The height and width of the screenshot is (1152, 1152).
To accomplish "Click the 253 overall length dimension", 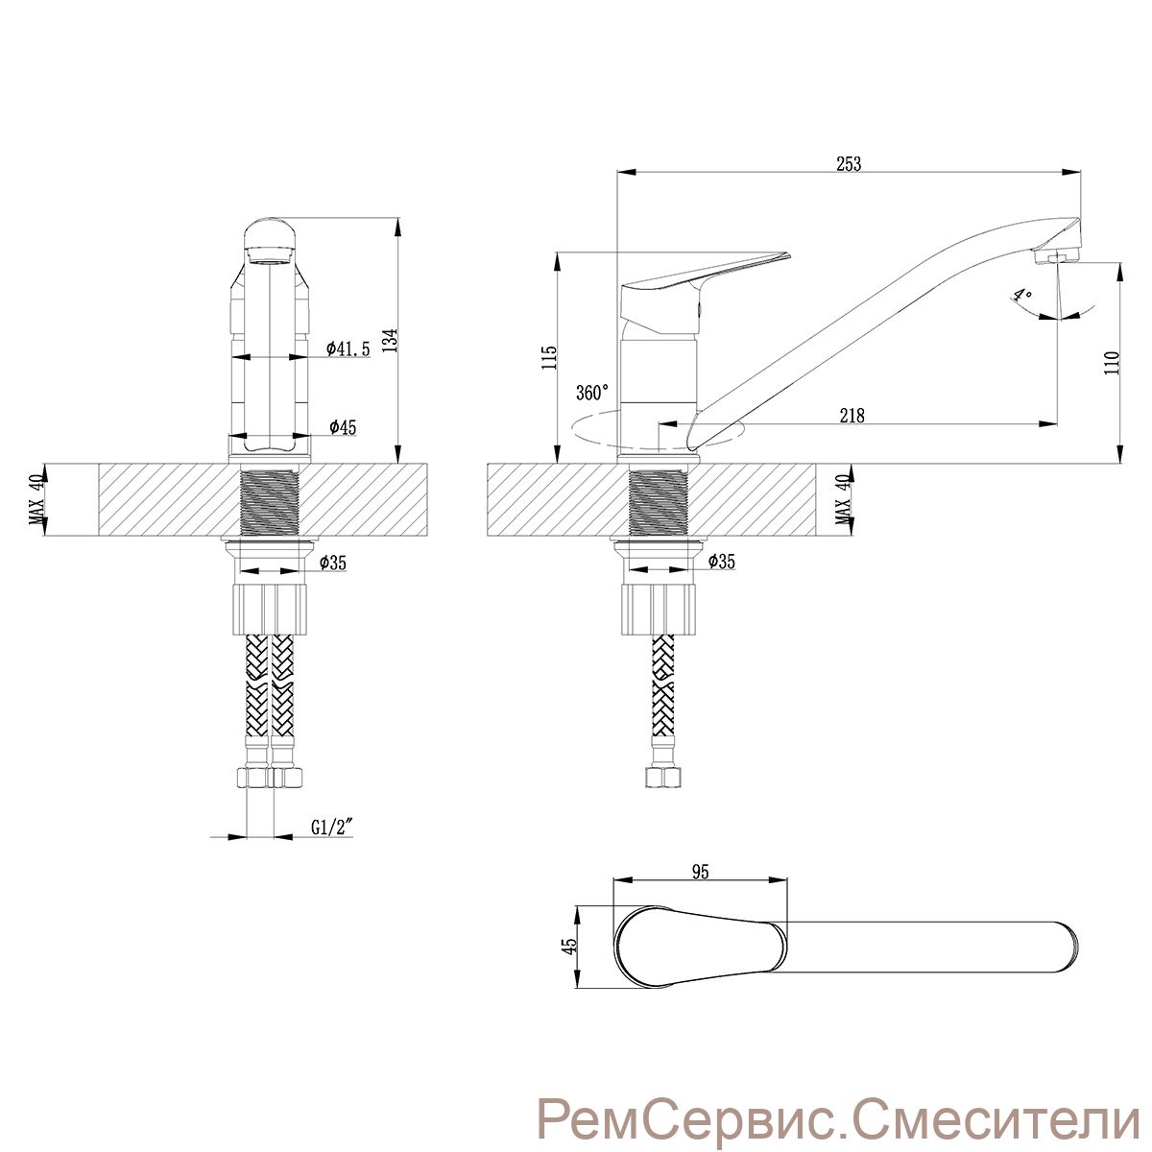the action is pos(849,164).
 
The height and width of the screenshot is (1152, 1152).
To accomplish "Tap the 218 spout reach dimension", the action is pos(852,415).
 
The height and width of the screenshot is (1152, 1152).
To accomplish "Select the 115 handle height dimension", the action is pos(549,357).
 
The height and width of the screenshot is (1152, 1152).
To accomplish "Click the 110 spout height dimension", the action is pos(1111,363).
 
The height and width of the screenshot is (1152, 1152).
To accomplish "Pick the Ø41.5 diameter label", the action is pos(348,348).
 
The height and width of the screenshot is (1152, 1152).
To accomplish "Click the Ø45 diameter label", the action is pos(343,427).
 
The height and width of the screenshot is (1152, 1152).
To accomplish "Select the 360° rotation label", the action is pos(592,393).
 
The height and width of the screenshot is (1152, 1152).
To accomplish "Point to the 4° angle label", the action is pos(1022,295).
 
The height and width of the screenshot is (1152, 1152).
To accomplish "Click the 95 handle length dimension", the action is pos(700,873).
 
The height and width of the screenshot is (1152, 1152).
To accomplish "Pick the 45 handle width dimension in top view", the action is pos(571,945).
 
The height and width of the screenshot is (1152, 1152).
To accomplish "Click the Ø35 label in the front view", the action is pos(332,562).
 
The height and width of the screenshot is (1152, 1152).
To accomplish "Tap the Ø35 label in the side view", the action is pos(721,561).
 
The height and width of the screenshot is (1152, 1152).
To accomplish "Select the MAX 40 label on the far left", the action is pos(37,500).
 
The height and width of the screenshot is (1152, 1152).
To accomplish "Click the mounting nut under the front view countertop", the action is pos(269,609).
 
